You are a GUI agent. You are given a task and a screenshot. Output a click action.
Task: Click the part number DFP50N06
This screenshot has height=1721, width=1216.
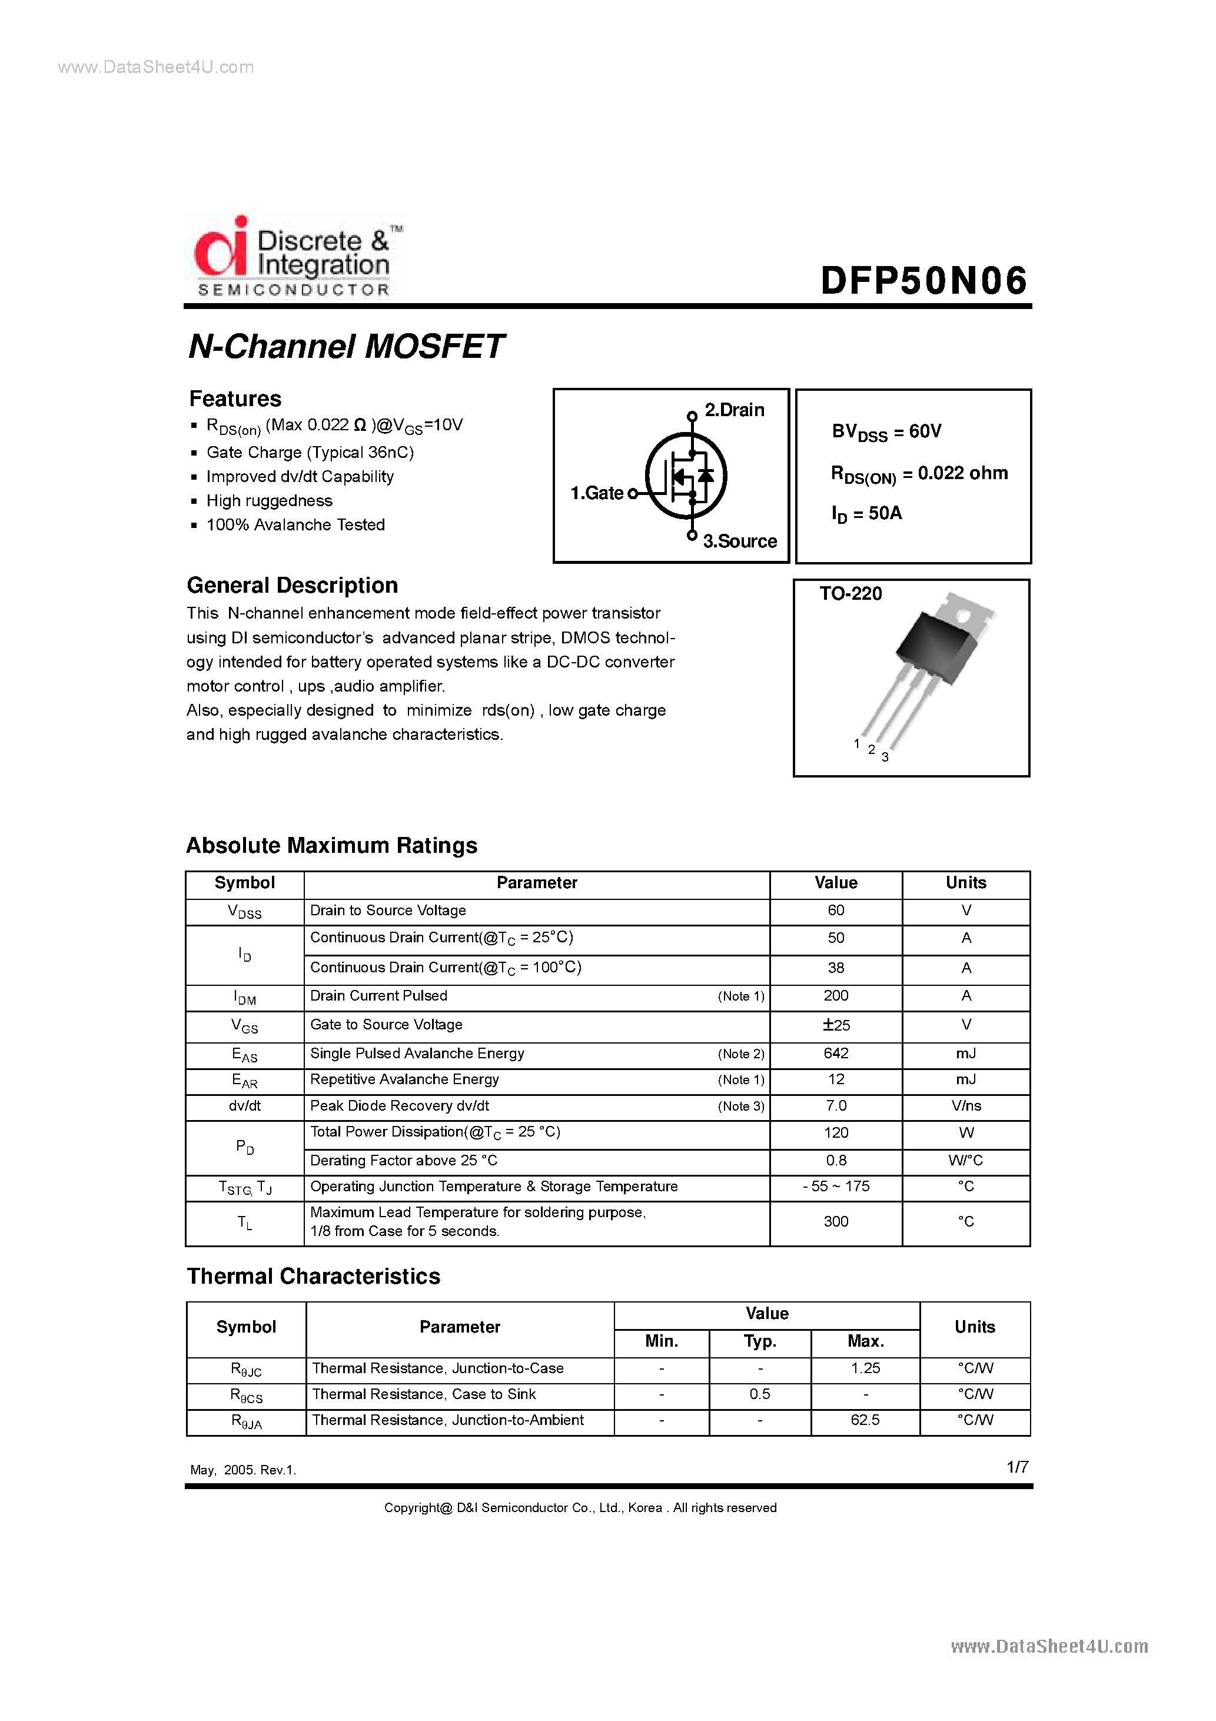pyautogui.click(x=923, y=281)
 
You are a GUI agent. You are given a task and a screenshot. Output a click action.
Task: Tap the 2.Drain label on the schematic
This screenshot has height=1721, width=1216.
pyautogui.click(x=734, y=410)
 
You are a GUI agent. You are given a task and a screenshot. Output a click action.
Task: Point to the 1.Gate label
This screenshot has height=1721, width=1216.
pyautogui.click(x=597, y=493)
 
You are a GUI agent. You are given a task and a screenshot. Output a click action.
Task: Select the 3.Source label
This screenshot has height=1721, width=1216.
pyautogui.click(x=739, y=541)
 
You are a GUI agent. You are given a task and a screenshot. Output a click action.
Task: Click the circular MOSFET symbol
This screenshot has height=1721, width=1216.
pyautogui.click(x=686, y=475)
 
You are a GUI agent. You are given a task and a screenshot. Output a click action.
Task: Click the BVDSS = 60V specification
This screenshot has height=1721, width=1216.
pyautogui.click(x=886, y=432)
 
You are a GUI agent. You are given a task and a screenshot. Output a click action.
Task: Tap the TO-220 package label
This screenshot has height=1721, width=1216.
pyautogui.click(x=850, y=594)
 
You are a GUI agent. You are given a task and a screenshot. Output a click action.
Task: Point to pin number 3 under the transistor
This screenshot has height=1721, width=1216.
pyautogui.click(x=885, y=757)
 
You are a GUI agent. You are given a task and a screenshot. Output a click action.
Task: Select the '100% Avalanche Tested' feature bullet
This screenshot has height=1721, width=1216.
pyautogui.click(x=295, y=524)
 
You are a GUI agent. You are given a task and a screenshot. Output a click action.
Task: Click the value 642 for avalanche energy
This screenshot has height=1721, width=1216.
pyautogui.click(x=836, y=1053)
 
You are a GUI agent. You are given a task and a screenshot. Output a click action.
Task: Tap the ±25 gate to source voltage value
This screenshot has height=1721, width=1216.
pyautogui.click(x=836, y=1025)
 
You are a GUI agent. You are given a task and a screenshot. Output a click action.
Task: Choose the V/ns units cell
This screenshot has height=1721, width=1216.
pyautogui.click(x=966, y=1105)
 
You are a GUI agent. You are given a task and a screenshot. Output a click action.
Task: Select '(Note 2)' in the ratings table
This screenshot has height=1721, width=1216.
pyautogui.click(x=740, y=1054)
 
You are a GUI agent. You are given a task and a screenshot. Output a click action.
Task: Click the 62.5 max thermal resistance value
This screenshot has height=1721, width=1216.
pyautogui.click(x=865, y=1420)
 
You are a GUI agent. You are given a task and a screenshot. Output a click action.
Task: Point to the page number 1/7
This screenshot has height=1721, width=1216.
pyautogui.click(x=1017, y=1467)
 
